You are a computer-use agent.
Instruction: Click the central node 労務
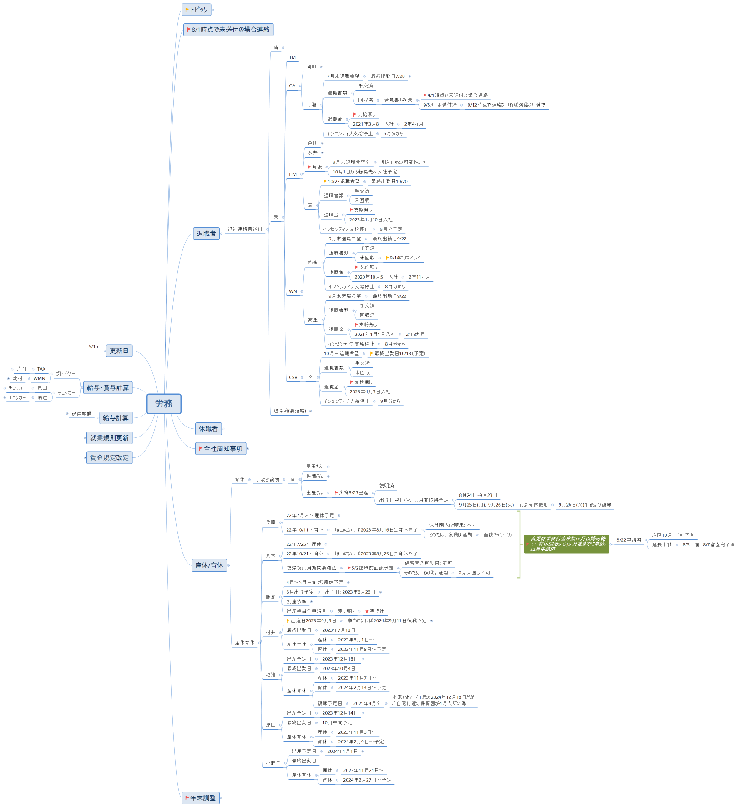[164, 404]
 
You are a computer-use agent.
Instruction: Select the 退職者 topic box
[206, 234]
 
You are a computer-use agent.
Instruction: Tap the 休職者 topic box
[208, 429]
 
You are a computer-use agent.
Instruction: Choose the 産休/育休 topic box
[209, 565]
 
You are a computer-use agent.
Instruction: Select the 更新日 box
[119, 351]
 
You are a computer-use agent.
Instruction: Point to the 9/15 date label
[93, 347]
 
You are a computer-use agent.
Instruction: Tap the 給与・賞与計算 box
[107, 388]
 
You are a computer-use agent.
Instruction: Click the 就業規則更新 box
[109, 438]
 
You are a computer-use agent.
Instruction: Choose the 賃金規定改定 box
[109, 458]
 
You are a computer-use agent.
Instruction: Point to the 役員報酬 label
[81, 414]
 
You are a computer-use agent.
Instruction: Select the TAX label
[41, 369]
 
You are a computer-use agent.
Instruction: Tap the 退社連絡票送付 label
[245, 229]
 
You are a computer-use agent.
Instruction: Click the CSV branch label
[293, 378]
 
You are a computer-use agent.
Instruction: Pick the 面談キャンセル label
[497, 535]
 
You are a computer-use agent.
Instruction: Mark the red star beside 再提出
[367, 611]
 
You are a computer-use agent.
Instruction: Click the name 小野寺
[273, 763]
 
